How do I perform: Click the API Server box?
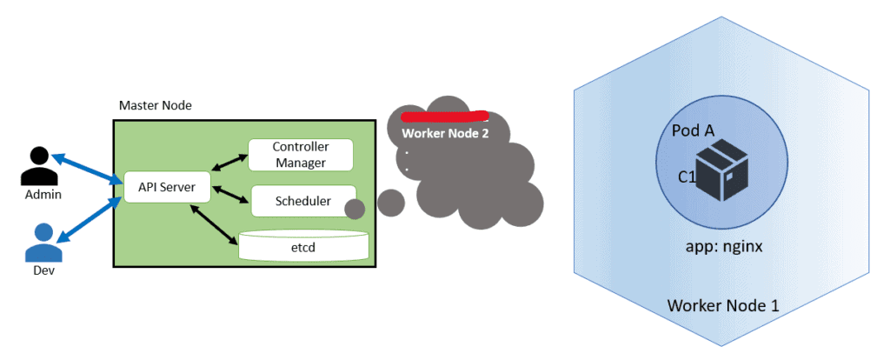pos(166,186)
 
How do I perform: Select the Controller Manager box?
pos(300,154)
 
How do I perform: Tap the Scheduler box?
pos(302,201)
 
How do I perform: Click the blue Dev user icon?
pos(43,243)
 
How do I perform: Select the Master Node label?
pos(155,106)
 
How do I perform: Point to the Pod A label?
pos(693,130)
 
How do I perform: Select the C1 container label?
pos(688,177)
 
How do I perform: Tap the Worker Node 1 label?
pos(722,306)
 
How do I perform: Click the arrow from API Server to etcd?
pos(215,225)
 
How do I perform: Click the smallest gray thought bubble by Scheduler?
pos(355,210)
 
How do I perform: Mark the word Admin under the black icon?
pos(43,195)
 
